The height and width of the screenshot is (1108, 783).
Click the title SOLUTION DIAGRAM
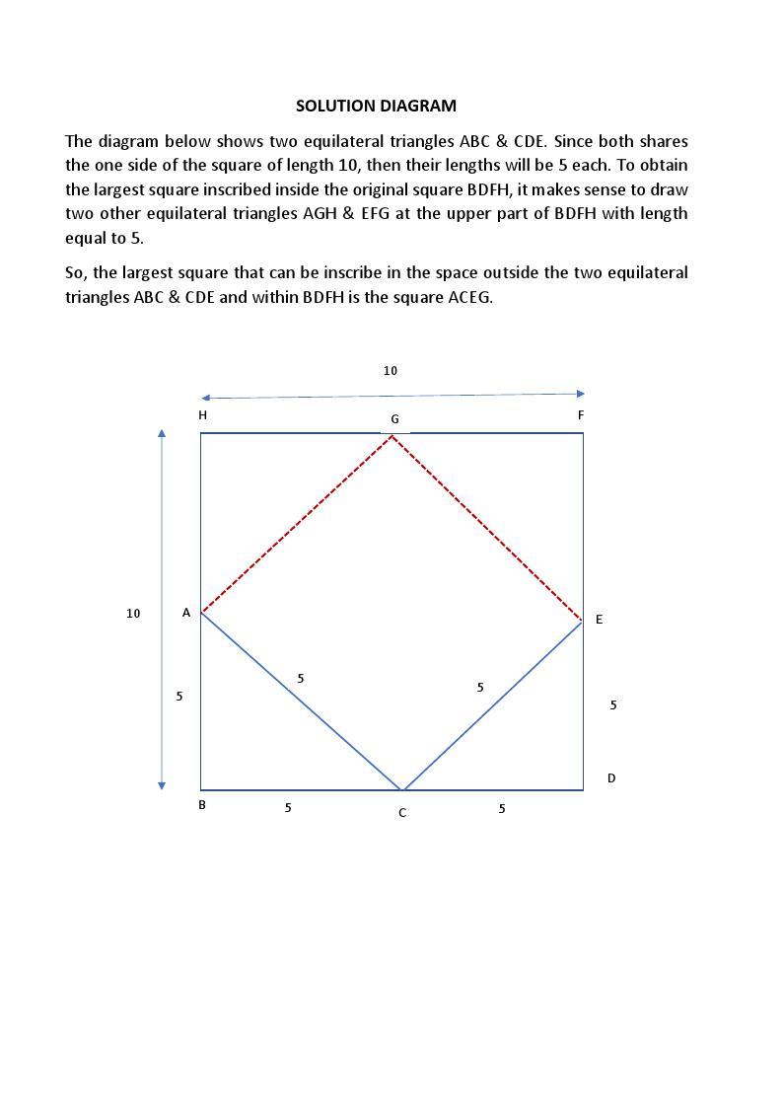pyautogui.click(x=376, y=106)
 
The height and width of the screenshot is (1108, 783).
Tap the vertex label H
pyautogui.click(x=202, y=415)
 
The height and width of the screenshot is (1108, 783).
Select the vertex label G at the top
pyautogui.click(x=394, y=419)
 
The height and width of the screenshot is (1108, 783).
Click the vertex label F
pyautogui.click(x=581, y=415)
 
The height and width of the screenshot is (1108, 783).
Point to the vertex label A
pyautogui.click(x=186, y=613)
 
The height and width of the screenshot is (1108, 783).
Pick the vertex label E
pyautogui.click(x=599, y=620)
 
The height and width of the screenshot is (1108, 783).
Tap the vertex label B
pyautogui.click(x=202, y=804)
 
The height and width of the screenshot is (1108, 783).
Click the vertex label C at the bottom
pyautogui.click(x=402, y=813)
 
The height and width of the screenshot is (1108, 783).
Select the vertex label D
pyautogui.click(x=611, y=778)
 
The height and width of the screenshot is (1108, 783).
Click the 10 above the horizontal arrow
pyautogui.click(x=391, y=371)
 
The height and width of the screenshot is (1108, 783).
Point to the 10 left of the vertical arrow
pyautogui.click(x=133, y=614)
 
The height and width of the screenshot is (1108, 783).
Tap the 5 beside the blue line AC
pyautogui.click(x=301, y=679)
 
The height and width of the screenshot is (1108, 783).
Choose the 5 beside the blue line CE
pyautogui.click(x=480, y=688)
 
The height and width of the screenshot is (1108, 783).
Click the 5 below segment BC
pyautogui.click(x=288, y=808)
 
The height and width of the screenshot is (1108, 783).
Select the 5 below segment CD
pyautogui.click(x=502, y=809)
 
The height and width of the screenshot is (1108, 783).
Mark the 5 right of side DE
pyautogui.click(x=613, y=705)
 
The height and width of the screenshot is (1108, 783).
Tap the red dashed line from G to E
pyautogui.click(x=487, y=528)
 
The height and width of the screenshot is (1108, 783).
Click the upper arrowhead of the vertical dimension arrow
pyautogui.click(x=162, y=432)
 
